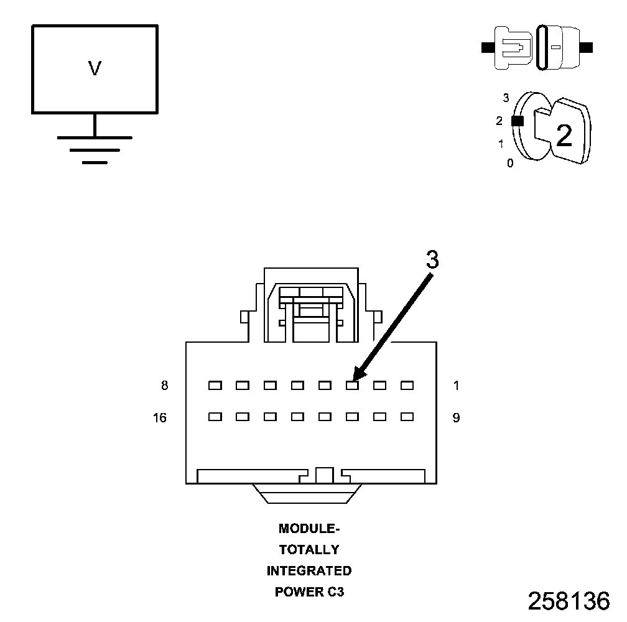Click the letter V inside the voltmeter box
(95, 68)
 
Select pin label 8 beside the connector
(164, 386)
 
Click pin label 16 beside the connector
(160, 418)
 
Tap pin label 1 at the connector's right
(456, 386)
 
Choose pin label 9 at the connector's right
(456, 418)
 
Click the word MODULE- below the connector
(309, 529)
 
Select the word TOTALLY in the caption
(309, 550)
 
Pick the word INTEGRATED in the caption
(309, 570)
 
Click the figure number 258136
(569, 601)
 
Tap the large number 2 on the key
(564, 136)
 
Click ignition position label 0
(510, 164)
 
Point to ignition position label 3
(506, 98)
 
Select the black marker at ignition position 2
(517, 121)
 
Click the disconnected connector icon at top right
(537, 47)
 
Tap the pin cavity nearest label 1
(407, 386)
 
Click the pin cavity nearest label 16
(215, 417)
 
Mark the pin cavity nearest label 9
(407, 417)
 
